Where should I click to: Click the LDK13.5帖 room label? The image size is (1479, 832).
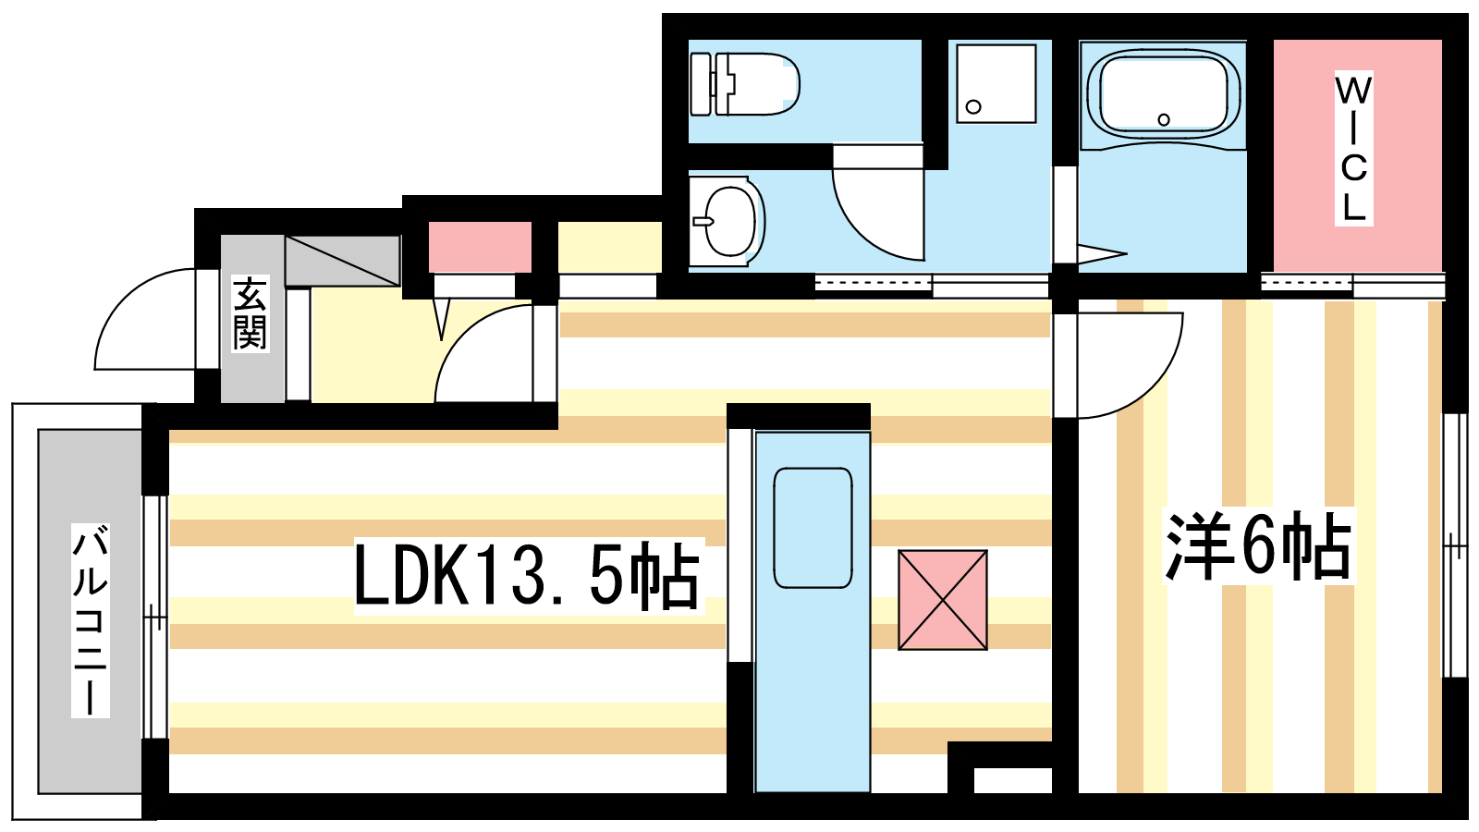pos(527,574)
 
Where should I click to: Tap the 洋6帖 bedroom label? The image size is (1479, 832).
pos(1258,546)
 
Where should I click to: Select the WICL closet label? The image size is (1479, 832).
pos(1353,149)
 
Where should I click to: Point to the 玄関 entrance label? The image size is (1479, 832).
pos(251,313)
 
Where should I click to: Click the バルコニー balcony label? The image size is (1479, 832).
pos(91,620)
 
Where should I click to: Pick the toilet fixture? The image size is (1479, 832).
pos(744,84)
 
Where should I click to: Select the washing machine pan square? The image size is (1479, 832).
pos(996,84)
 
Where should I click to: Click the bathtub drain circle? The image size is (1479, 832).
pos(1164,119)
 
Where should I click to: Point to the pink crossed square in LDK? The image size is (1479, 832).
pos(943,600)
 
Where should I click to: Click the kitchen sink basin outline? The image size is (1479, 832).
pos(813,528)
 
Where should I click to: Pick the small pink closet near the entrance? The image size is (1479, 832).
pos(480,247)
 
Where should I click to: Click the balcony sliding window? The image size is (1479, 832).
pos(156,617)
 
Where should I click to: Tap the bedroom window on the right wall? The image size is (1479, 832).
pos(1455,545)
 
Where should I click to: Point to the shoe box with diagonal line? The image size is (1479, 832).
pos(343,261)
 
